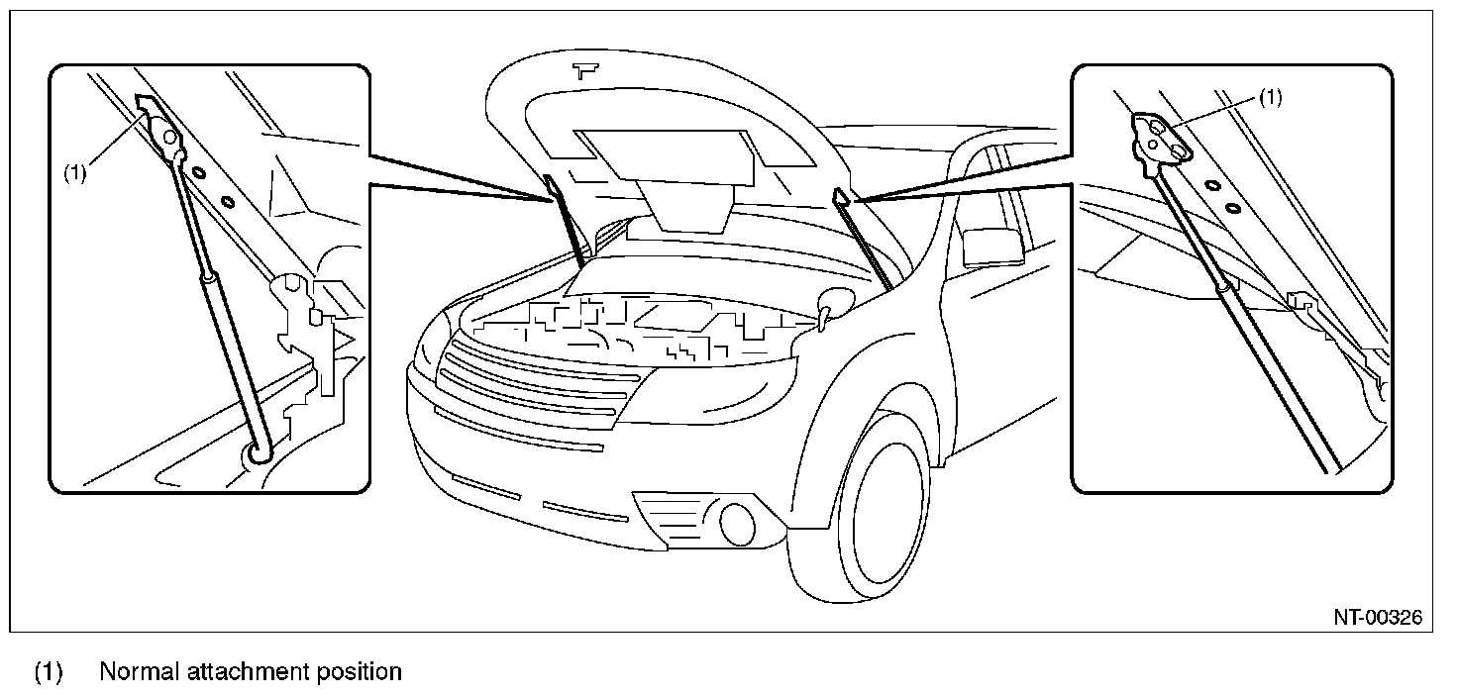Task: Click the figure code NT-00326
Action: point(1377,618)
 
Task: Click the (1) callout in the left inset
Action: point(76,172)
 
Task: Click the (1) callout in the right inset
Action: point(1270,98)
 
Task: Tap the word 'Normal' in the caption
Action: point(138,672)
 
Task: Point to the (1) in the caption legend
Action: point(49,672)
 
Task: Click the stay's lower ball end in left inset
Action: point(258,451)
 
